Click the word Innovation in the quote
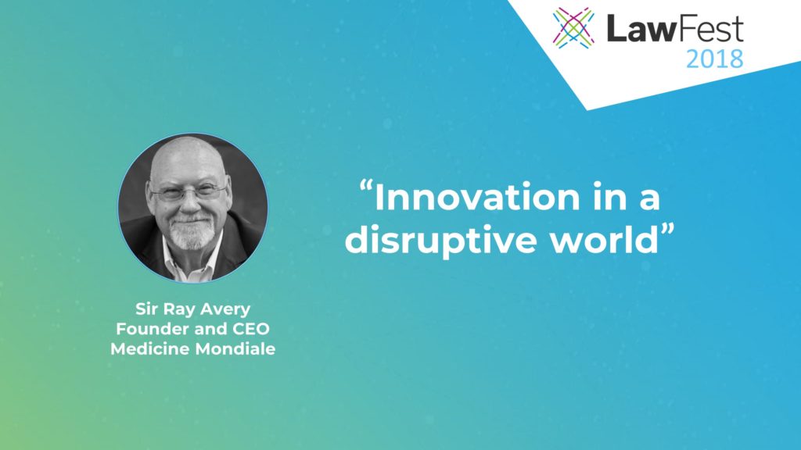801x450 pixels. (x=477, y=198)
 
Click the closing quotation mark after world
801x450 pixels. (x=668, y=229)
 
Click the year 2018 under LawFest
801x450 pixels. (x=714, y=59)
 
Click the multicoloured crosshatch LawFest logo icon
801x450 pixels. (x=573, y=28)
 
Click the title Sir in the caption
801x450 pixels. (x=146, y=309)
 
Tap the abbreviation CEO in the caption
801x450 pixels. (x=251, y=329)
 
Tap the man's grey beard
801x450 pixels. (x=192, y=233)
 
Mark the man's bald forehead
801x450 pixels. (x=188, y=161)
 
